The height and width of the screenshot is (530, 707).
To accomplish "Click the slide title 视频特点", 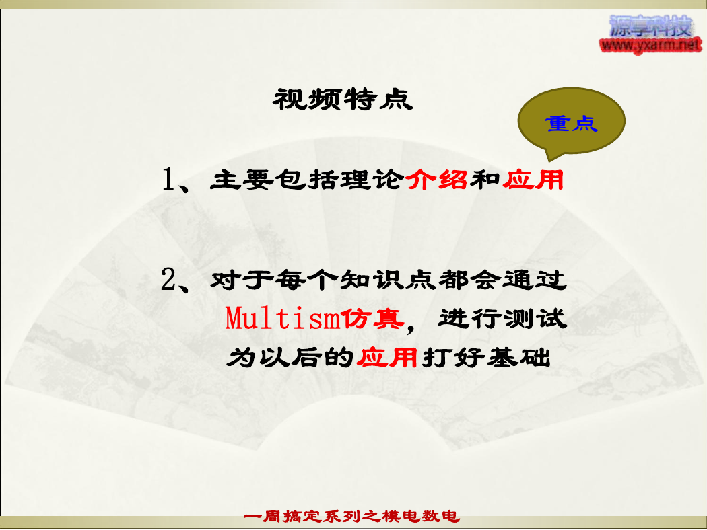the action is coord(343,100).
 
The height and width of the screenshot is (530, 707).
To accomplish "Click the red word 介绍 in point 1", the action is coord(436,180).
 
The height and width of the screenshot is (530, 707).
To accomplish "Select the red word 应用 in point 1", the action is coord(533,180).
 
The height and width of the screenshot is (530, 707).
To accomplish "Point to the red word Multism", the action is coord(282,318).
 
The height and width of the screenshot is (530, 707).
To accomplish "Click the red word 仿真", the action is coord(372,319).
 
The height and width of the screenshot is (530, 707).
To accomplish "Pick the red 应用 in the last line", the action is coord(387,358).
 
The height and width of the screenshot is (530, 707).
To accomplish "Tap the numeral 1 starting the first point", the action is coord(168,179).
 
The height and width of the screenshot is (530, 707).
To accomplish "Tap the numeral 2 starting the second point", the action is coord(168,279).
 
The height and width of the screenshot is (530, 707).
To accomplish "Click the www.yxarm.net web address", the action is coord(650,45).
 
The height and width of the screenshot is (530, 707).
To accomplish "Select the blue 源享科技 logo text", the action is coord(650,26).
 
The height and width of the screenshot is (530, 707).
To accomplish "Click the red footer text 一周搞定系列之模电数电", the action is coord(351,516).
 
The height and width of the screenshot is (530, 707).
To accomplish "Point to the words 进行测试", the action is coord(502,319).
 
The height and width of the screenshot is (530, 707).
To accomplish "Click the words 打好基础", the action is coord(486,358).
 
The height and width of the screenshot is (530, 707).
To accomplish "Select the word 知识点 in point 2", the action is coord(387,280).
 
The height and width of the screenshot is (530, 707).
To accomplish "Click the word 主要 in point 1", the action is coord(242,180).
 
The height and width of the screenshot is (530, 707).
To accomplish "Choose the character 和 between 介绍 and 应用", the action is coord(485,180).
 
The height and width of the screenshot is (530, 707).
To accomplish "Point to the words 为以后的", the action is coord(290,358).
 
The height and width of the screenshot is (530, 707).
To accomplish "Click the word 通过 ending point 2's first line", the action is coord(535,280).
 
